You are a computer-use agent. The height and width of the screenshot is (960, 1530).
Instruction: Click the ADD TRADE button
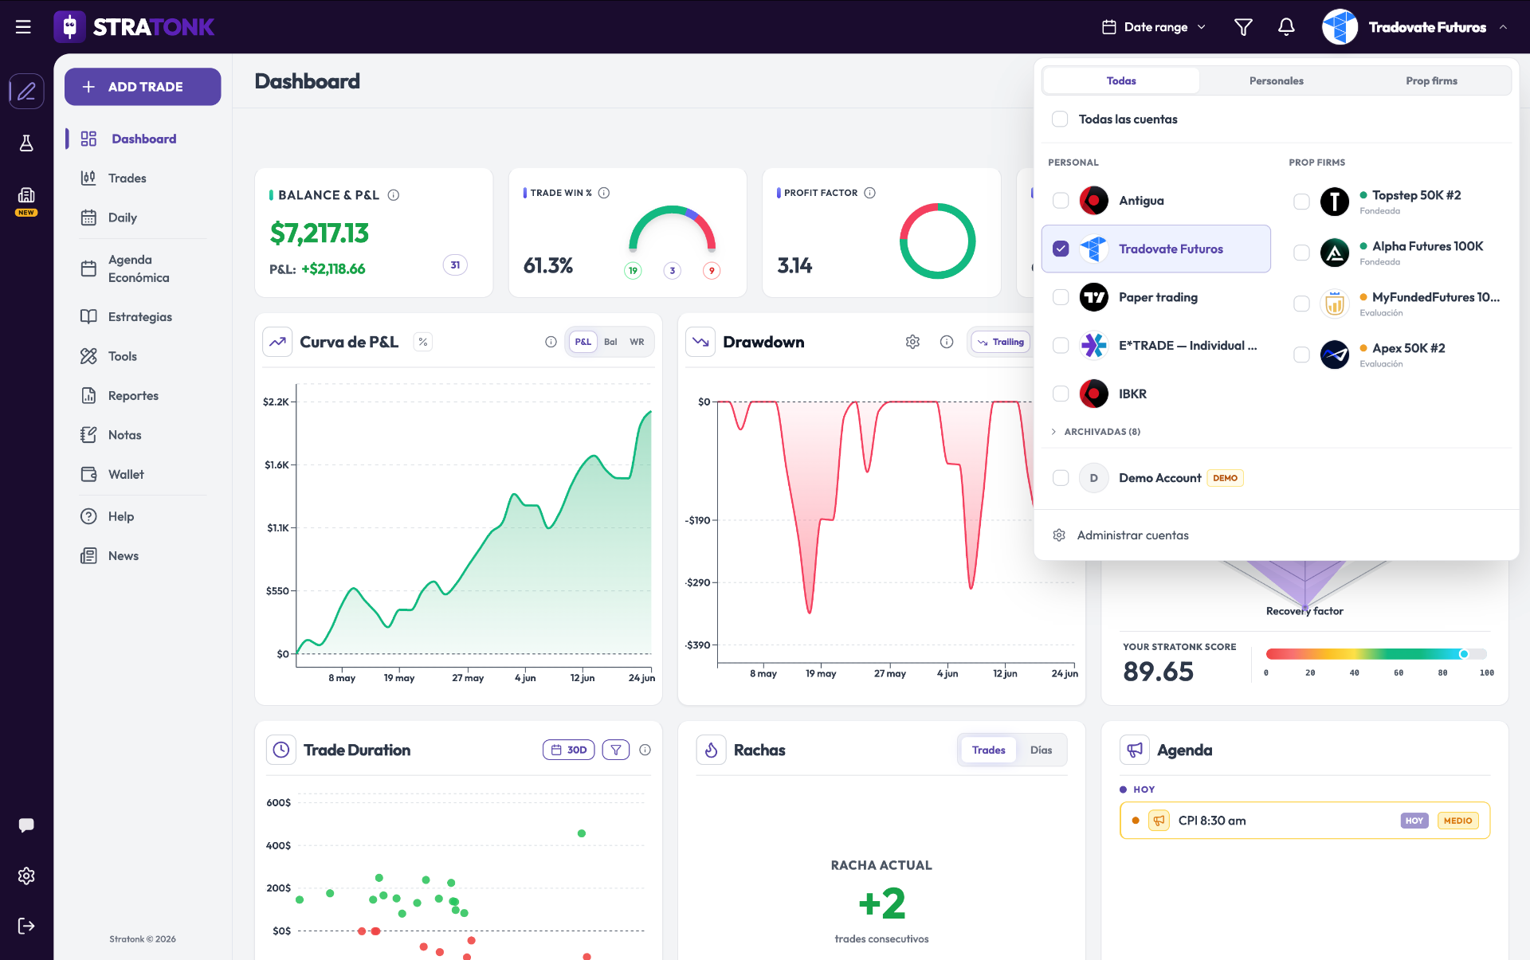click(143, 87)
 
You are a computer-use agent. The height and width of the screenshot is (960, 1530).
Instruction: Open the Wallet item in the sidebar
click(126, 474)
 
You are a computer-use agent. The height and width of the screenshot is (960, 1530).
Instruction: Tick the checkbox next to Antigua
click(1061, 201)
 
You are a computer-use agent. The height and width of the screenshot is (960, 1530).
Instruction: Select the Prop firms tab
click(1431, 80)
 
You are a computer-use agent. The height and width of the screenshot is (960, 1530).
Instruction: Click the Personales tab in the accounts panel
click(1276, 80)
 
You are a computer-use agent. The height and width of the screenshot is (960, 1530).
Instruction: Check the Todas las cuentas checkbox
click(1060, 120)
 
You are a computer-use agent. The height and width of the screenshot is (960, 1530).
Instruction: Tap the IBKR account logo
click(1093, 394)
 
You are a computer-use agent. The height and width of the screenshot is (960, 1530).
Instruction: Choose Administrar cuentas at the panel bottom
click(1132, 535)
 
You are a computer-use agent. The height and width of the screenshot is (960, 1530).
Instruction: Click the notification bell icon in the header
click(1286, 27)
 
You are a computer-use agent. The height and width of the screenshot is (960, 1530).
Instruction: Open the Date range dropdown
click(1154, 27)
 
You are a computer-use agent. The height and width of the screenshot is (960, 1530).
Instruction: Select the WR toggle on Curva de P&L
click(637, 342)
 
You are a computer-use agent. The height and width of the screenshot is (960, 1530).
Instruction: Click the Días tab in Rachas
click(1041, 750)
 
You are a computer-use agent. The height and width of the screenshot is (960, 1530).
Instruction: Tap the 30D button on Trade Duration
click(569, 750)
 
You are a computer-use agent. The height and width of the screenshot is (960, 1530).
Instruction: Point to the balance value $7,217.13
click(319, 233)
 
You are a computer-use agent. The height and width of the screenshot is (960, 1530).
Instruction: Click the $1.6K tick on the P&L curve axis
click(277, 464)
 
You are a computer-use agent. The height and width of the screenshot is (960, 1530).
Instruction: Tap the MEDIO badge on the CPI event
click(1457, 821)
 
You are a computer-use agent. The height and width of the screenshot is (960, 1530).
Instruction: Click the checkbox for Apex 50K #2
click(1301, 355)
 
